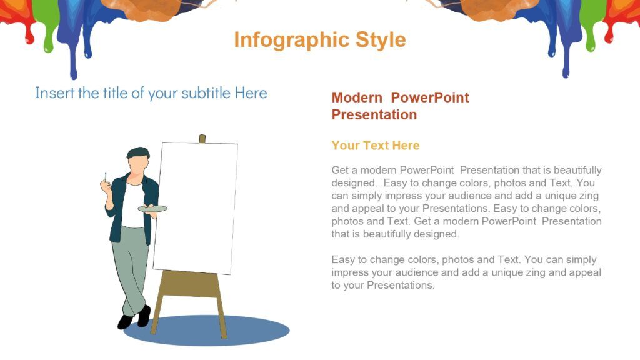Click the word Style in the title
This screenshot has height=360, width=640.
381,40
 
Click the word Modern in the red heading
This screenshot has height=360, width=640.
357,97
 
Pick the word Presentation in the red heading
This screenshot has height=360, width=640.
374,115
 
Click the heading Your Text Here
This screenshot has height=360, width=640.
376,145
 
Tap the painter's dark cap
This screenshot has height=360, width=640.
138,153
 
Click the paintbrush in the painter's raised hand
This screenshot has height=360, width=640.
106,177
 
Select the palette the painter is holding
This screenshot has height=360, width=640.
152,209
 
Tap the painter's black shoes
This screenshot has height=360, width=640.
134,317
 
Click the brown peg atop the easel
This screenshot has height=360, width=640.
202,139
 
